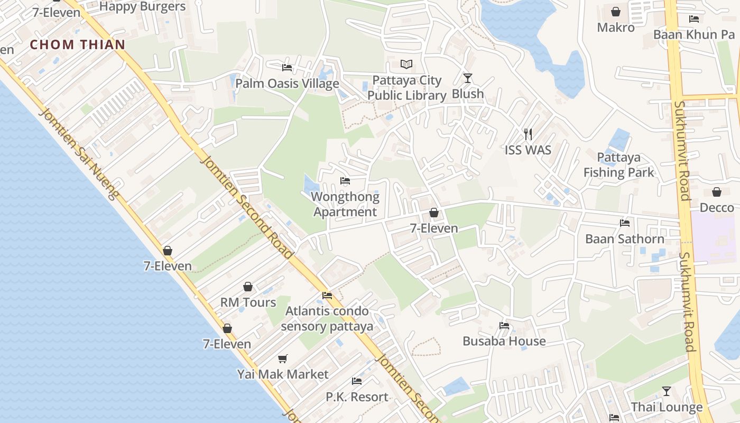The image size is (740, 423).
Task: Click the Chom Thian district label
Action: point(77,45)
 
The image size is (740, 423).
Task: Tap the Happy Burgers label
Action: point(142,7)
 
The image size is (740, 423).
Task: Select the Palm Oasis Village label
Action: point(287,84)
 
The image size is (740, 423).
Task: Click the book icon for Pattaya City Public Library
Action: point(406,65)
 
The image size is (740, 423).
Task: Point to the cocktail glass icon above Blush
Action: point(468,78)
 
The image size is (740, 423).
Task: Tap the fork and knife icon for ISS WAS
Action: point(528,134)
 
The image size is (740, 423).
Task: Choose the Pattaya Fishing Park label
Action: point(618,165)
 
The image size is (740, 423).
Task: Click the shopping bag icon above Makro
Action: point(616,12)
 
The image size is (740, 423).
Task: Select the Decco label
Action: point(717,208)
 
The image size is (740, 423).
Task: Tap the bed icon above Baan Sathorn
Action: point(625,223)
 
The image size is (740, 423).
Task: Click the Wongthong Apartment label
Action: point(345,205)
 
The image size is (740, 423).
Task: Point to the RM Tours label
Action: point(248,302)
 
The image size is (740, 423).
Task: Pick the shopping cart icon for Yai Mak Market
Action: point(283,358)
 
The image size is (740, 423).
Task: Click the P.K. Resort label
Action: point(357,397)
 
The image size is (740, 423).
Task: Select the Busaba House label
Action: point(504,341)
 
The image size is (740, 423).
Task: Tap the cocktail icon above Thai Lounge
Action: point(667,391)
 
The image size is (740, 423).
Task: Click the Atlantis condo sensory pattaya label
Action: point(327,319)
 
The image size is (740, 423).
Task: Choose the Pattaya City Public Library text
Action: point(406,88)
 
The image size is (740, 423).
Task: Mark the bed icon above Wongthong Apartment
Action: point(345,181)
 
